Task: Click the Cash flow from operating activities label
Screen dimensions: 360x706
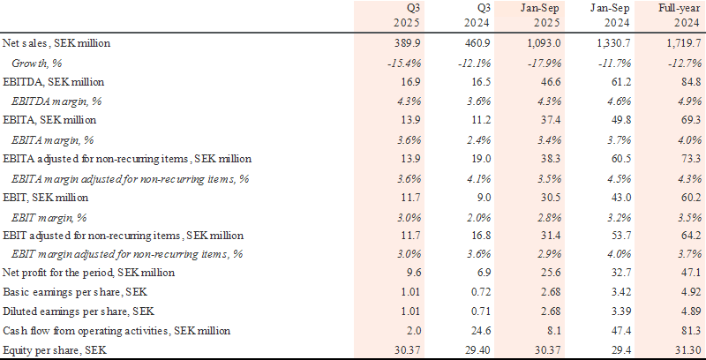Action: click(x=116, y=330)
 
